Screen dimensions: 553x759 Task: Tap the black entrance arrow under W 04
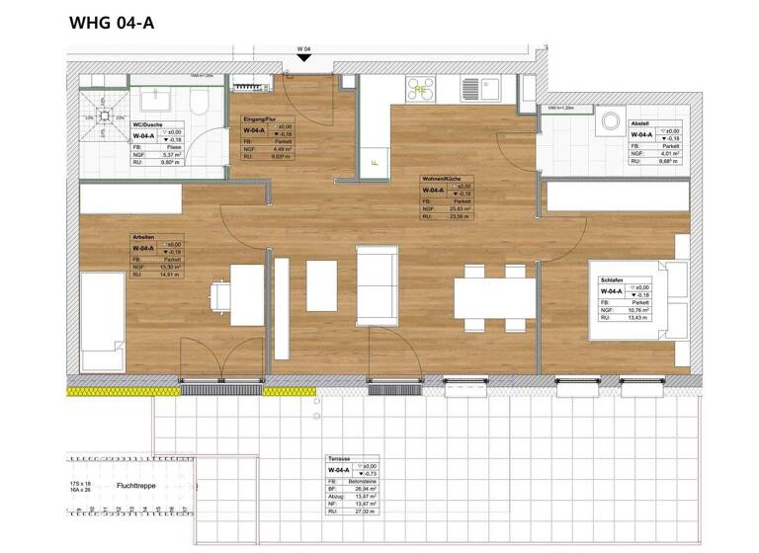(305, 58)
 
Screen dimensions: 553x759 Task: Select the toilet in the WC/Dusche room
(199, 102)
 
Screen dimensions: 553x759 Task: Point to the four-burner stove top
(421, 88)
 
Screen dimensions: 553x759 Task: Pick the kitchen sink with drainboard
(484, 88)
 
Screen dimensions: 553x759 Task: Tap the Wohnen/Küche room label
(436, 179)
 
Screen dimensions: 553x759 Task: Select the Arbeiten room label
(143, 238)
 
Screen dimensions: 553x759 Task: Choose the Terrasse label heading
(339, 460)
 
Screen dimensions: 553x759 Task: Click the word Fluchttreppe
(135, 486)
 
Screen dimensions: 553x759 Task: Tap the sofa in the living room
(376, 286)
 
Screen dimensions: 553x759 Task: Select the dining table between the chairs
(494, 297)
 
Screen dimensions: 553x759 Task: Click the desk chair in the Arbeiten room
(220, 297)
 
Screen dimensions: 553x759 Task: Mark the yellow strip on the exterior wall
(108, 392)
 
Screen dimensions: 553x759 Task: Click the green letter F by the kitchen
(374, 162)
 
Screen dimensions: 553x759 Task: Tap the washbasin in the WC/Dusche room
(156, 98)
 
